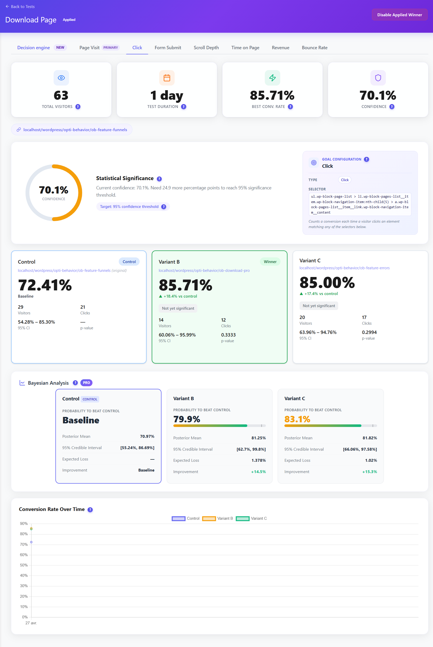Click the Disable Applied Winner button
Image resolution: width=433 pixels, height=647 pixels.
point(399,15)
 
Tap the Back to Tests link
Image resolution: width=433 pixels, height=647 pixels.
point(20,7)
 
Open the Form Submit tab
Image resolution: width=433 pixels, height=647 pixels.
point(168,47)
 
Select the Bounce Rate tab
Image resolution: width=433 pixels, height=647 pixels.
point(315,47)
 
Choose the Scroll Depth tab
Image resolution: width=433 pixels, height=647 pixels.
point(206,47)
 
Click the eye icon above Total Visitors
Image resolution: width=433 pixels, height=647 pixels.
point(61,78)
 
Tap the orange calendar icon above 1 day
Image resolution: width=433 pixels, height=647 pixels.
point(167,78)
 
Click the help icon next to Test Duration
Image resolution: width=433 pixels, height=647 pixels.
point(184,107)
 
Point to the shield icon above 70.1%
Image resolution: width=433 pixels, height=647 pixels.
point(378,78)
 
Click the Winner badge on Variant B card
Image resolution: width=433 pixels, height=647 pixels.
point(270,262)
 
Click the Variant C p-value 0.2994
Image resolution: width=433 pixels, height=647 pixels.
point(369,332)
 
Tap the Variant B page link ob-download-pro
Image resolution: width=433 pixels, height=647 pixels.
point(204,271)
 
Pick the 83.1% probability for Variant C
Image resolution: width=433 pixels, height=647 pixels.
point(297,419)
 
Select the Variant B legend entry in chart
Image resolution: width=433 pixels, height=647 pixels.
point(218,518)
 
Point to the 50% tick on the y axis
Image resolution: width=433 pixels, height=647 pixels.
point(24,565)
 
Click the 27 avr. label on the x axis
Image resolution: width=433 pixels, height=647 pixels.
point(31,623)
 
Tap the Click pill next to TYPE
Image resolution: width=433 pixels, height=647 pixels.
point(345,180)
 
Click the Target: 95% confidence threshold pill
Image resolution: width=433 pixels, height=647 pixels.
point(133,207)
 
